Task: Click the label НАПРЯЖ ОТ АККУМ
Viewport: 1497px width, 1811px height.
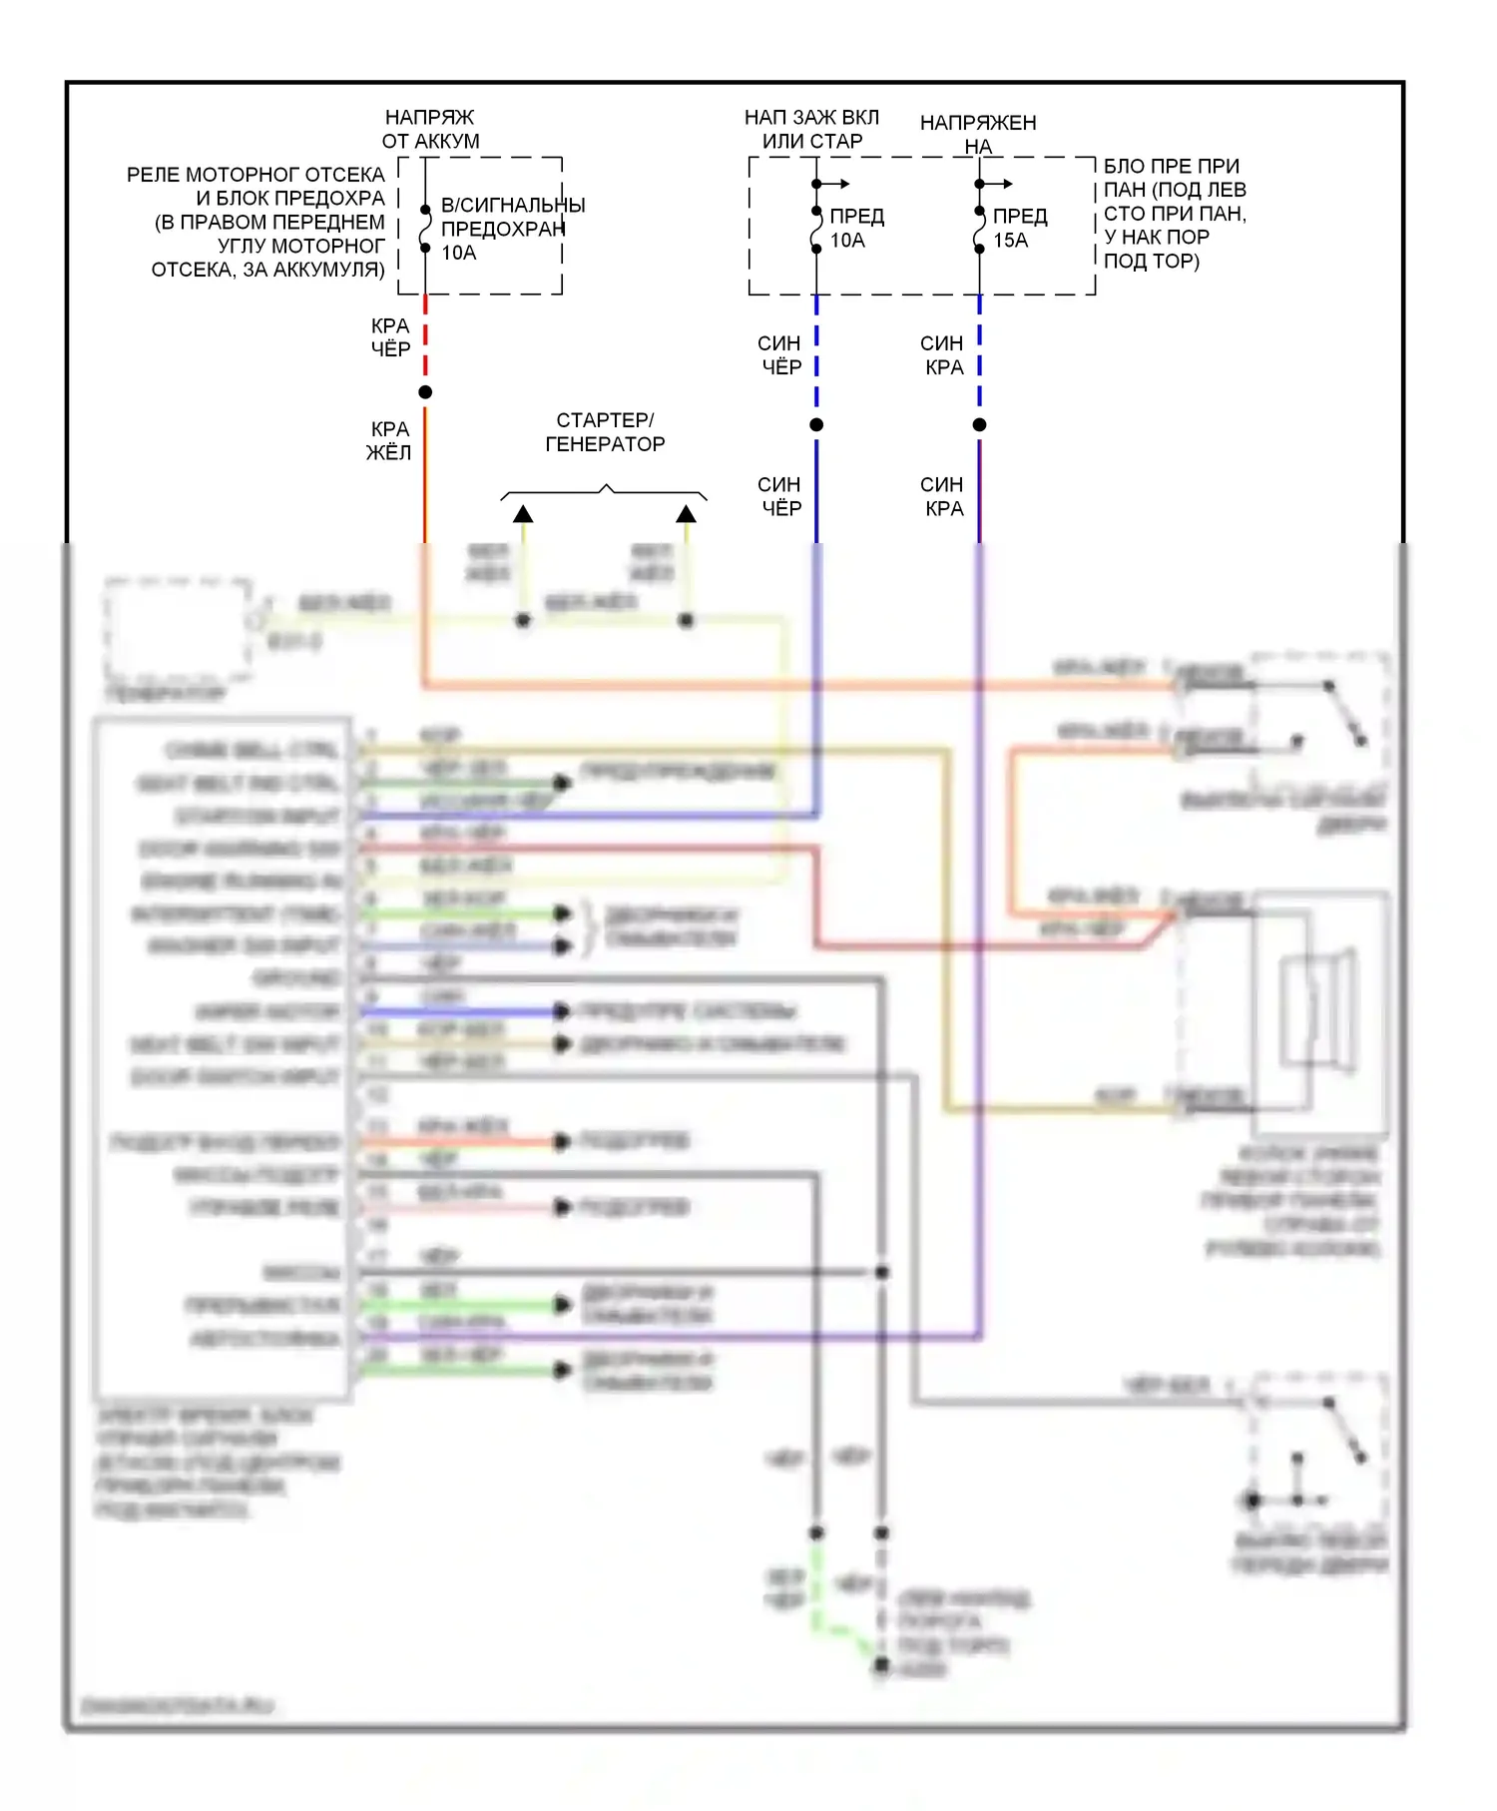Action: click(430, 130)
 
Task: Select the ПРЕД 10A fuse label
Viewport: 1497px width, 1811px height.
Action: click(854, 228)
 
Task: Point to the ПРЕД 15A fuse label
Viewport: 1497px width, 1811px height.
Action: click(1018, 228)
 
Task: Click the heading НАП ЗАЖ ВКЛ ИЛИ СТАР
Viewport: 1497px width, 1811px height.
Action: click(811, 130)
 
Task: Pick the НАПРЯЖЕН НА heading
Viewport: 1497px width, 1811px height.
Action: click(978, 134)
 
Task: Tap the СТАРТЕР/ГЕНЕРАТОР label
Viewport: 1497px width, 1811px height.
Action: click(605, 432)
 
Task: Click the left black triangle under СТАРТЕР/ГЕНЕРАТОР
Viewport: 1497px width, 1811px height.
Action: click(523, 514)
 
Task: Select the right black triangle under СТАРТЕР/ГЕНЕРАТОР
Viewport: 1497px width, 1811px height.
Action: click(686, 514)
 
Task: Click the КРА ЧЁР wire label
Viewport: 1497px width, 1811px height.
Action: click(390, 337)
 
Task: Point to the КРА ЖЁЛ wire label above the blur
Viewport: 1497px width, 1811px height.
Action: click(389, 440)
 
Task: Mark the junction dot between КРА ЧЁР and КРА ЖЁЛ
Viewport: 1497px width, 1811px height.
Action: click(425, 392)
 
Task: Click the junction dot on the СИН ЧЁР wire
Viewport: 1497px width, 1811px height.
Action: click(816, 425)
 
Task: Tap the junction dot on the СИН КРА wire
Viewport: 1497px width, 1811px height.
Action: click(979, 425)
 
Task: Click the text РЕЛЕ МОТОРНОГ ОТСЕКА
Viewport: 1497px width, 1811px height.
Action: click(255, 175)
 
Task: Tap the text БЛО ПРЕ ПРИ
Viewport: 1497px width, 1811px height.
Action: click(1171, 166)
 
